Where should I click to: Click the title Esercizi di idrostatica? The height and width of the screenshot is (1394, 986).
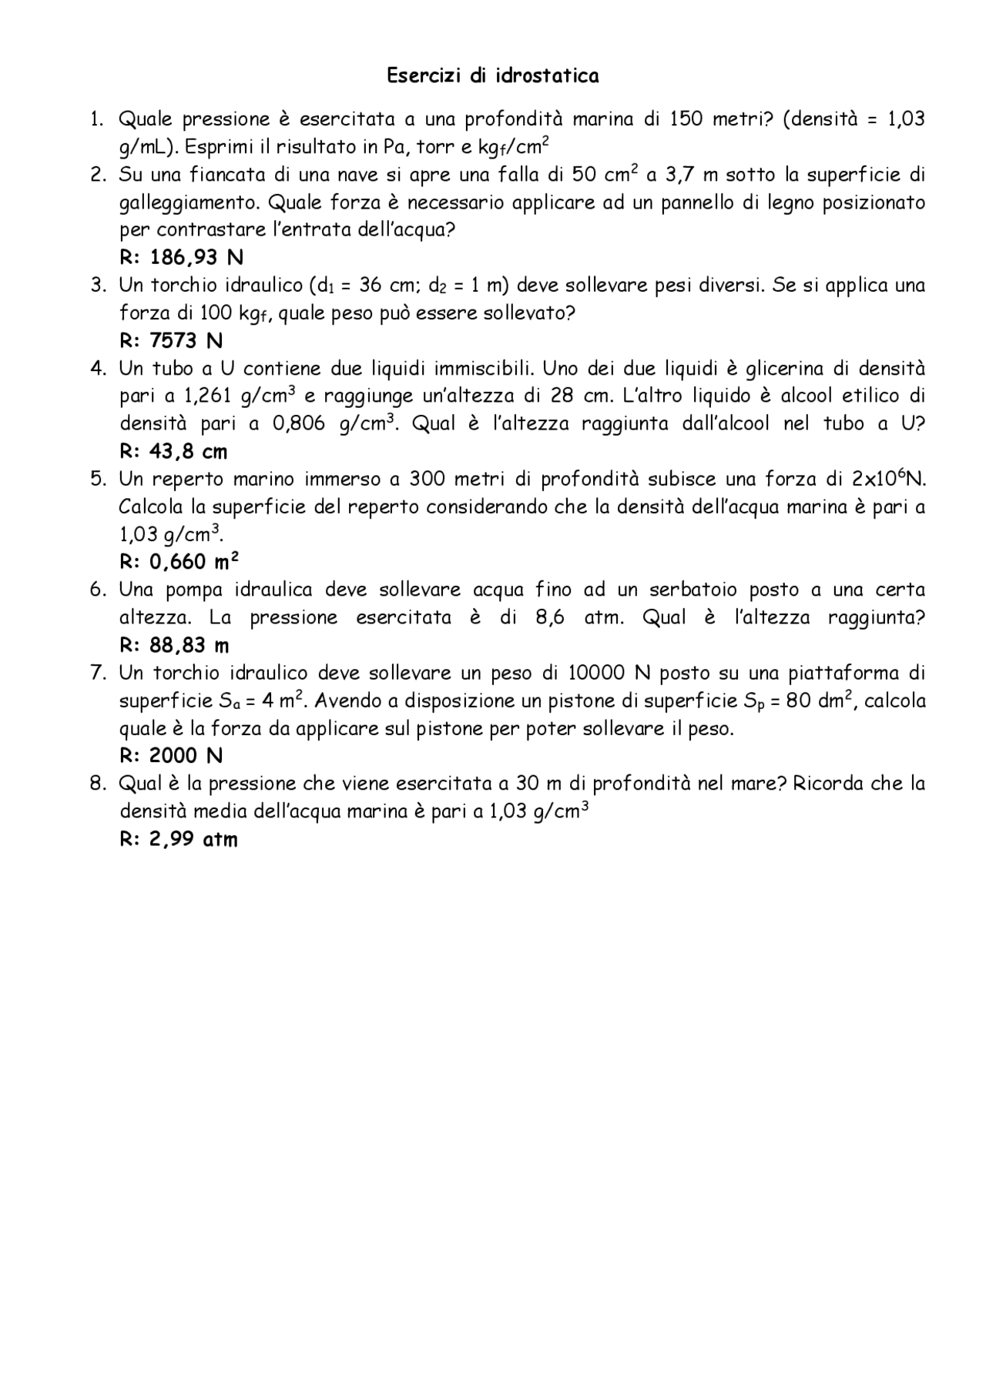coord(492,75)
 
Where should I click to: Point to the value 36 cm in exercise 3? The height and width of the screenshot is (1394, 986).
coord(388,286)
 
